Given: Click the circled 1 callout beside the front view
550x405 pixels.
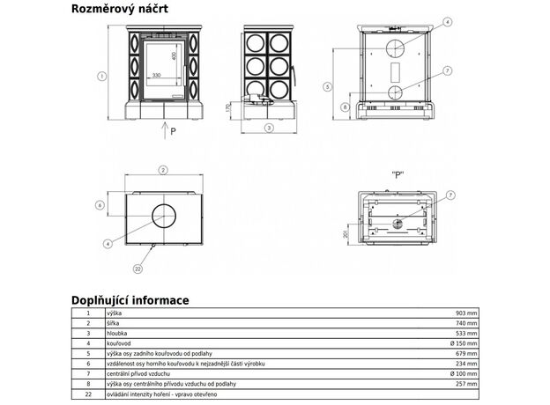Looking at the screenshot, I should pyautogui.click(x=102, y=77).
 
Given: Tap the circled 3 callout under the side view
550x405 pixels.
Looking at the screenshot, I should pyautogui.click(x=270, y=127).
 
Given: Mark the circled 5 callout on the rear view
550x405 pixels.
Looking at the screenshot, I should pyautogui.click(x=327, y=86).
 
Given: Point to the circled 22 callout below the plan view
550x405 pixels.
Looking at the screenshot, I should pyautogui.click(x=138, y=268).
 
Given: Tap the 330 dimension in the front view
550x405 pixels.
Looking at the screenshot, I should pyautogui.click(x=156, y=76).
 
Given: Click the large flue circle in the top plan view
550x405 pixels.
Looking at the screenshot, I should pyautogui.click(x=163, y=214).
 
